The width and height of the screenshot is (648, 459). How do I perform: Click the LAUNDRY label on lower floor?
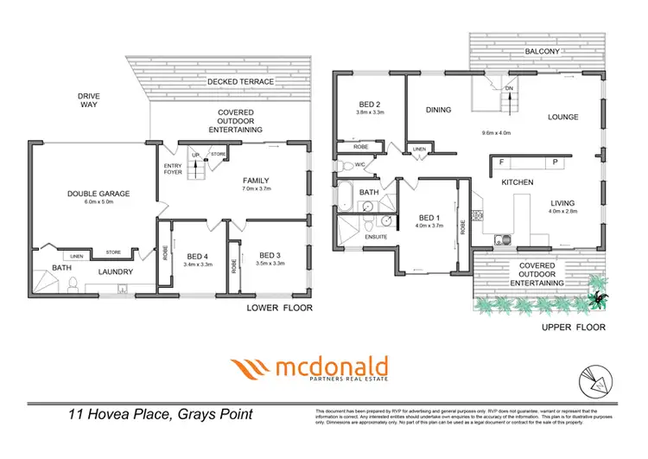115,272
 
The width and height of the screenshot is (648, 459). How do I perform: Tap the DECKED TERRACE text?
240,82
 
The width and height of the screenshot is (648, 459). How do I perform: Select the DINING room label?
439,110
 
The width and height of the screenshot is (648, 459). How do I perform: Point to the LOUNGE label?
562,118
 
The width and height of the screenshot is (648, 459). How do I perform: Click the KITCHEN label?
518,182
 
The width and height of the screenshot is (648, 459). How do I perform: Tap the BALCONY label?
543,52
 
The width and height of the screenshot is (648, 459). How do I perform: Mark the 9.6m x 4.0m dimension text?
496,133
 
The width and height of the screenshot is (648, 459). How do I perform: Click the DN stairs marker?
509,88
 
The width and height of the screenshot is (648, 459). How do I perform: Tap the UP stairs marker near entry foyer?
194,156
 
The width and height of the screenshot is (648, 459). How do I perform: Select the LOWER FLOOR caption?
274,308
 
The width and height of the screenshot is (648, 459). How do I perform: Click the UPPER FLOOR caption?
573,328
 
